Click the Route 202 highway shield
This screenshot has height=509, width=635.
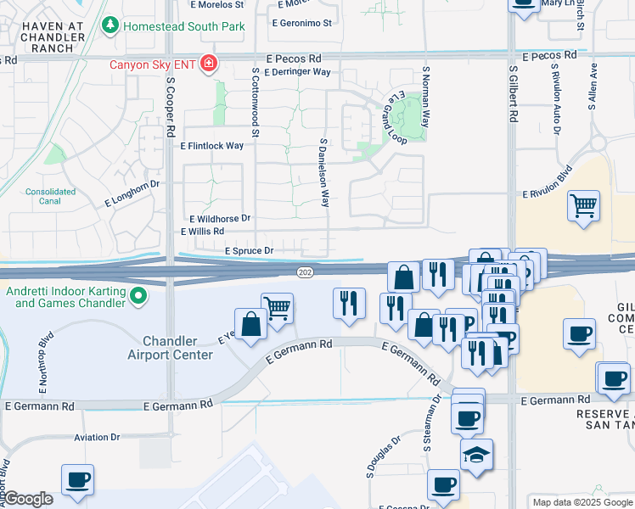tap(305, 271)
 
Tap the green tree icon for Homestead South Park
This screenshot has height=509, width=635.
tap(110, 26)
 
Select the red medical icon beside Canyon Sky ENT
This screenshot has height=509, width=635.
tap(208, 64)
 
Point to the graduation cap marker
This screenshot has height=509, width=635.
tap(476, 455)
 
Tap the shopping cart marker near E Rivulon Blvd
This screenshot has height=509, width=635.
tap(583, 206)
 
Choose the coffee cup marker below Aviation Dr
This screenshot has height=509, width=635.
tap(77, 479)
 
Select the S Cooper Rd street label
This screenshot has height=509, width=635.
tap(171, 109)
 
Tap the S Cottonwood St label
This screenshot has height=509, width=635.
tap(254, 103)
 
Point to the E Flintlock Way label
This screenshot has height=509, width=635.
tap(212, 146)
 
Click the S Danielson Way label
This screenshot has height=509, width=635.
tap(324, 173)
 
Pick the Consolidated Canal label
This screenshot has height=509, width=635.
tap(50, 197)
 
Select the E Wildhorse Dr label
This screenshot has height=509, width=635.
tap(220, 218)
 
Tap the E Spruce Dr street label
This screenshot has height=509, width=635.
tap(249, 251)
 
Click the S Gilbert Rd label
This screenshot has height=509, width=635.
tap(513, 94)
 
